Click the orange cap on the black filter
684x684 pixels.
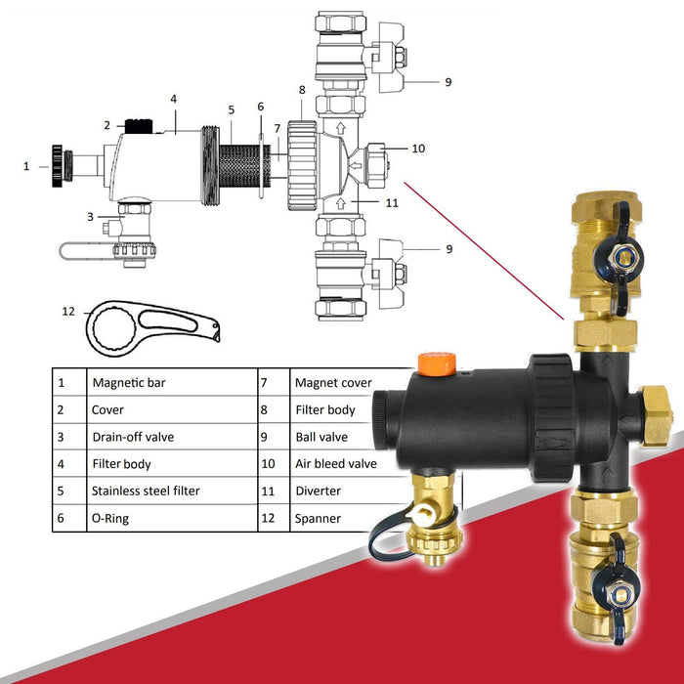(x=437, y=363)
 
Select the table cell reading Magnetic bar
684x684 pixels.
(x=129, y=383)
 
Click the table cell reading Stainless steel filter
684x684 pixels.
(x=146, y=491)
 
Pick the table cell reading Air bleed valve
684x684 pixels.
(x=336, y=463)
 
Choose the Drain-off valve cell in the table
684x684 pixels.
(x=133, y=437)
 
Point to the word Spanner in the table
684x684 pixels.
(x=318, y=518)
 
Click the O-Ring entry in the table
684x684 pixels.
(x=109, y=518)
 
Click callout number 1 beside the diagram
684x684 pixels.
(x=26, y=166)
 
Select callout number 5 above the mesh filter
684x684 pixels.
(x=232, y=109)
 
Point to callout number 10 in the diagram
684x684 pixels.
(x=418, y=149)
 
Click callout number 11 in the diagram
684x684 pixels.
(x=392, y=203)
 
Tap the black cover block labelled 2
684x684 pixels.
(x=139, y=126)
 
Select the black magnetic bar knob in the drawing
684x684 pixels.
(x=57, y=166)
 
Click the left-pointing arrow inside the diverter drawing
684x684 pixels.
(x=356, y=166)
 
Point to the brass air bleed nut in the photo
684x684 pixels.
(x=656, y=414)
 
